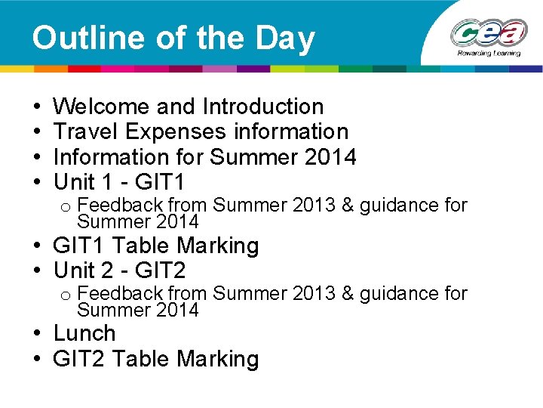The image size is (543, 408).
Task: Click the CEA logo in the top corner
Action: tap(488, 35)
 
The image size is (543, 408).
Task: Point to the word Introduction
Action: tap(263, 107)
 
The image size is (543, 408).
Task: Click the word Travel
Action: tap(86, 131)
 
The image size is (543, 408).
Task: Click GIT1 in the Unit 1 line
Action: tap(160, 182)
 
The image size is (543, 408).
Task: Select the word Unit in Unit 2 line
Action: tap(74, 270)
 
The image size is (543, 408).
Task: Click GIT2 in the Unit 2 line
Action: tap(160, 270)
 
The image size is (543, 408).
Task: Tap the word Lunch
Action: tap(84, 333)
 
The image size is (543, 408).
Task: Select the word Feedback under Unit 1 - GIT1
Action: tap(121, 205)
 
